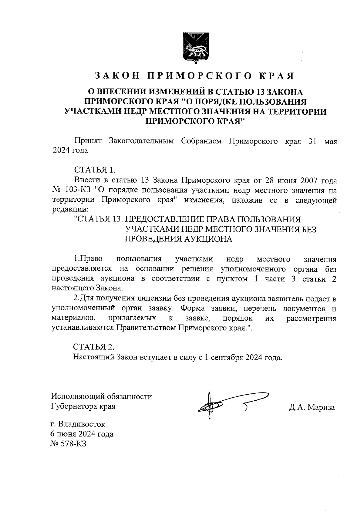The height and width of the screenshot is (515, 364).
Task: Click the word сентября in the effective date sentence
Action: (227, 357)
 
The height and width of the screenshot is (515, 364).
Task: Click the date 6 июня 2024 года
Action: (82, 434)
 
